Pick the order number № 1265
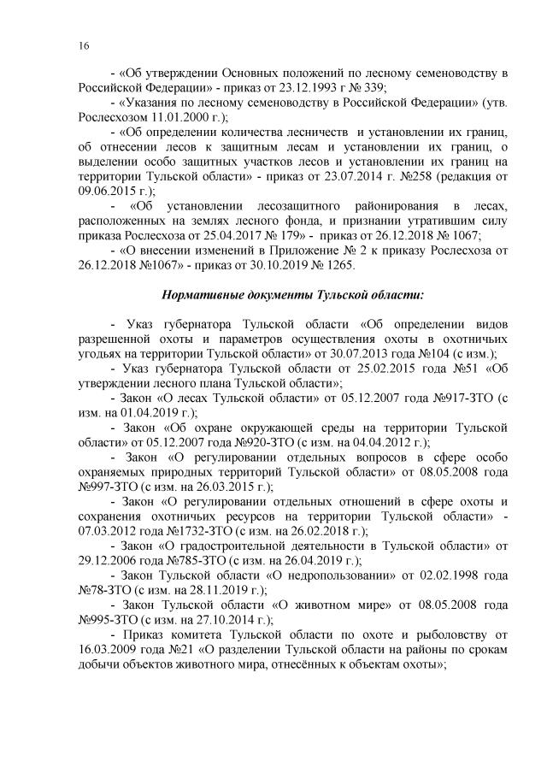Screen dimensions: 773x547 (x=324, y=267)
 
